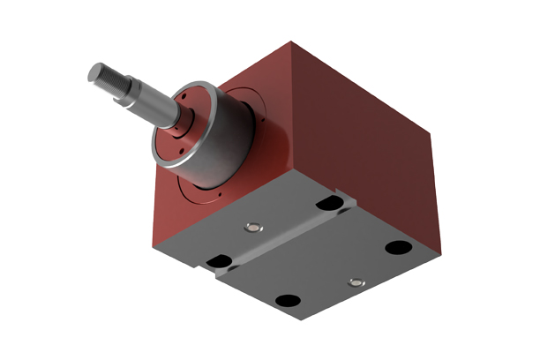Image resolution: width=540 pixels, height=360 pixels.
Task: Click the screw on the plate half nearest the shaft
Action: coord(254,228)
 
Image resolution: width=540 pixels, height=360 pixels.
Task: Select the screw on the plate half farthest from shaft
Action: coord(356,282)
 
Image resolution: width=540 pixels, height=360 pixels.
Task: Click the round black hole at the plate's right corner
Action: coord(397,248)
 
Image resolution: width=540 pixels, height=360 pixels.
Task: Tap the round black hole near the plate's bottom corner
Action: coord(287,301)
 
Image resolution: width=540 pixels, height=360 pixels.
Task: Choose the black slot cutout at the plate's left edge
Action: coord(217,260)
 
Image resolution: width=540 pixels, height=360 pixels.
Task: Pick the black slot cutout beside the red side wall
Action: coord(329,204)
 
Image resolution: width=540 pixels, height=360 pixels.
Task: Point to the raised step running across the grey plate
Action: coord(282,242)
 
